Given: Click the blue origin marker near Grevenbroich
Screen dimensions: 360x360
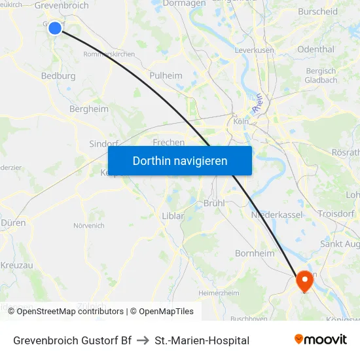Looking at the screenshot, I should click(55, 27).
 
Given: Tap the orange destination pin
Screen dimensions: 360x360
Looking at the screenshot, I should click(304, 281).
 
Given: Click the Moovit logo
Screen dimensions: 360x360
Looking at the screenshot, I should click(320, 340).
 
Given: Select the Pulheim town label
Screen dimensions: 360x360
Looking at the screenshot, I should click(166, 75).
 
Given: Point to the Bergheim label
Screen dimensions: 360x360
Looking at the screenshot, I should click(88, 109).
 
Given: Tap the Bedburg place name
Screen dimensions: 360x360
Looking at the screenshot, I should click(58, 76).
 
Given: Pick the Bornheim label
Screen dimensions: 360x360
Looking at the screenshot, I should click(253, 253).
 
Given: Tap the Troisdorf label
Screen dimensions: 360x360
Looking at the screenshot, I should click(336, 213).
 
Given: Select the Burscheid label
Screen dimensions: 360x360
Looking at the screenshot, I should click(317, 11).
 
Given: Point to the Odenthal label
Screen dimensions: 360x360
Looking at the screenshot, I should click(315, 49).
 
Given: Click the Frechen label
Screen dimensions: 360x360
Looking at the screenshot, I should click(168, 141).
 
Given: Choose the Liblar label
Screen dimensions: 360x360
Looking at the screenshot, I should click(173, 216).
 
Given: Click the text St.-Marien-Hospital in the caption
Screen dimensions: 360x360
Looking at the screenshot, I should click(202, 340).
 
